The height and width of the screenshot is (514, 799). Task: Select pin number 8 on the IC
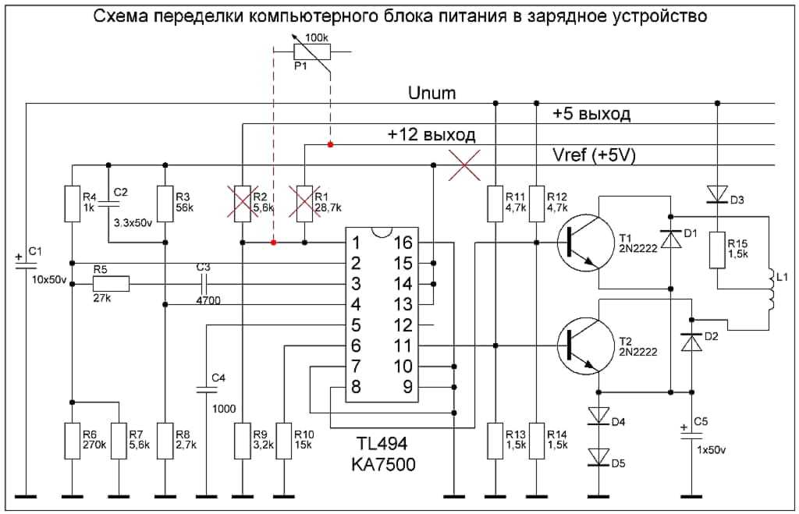(x=357, y=387)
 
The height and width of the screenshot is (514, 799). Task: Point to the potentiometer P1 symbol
(x=311, y=52)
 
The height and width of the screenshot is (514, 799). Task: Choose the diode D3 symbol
(x=717, y=193)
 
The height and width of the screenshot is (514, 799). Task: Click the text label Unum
(x=431, y=94)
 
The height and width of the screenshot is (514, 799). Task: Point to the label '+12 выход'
(x=431, y=134)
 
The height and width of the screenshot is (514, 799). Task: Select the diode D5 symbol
(x=598, y=456)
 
